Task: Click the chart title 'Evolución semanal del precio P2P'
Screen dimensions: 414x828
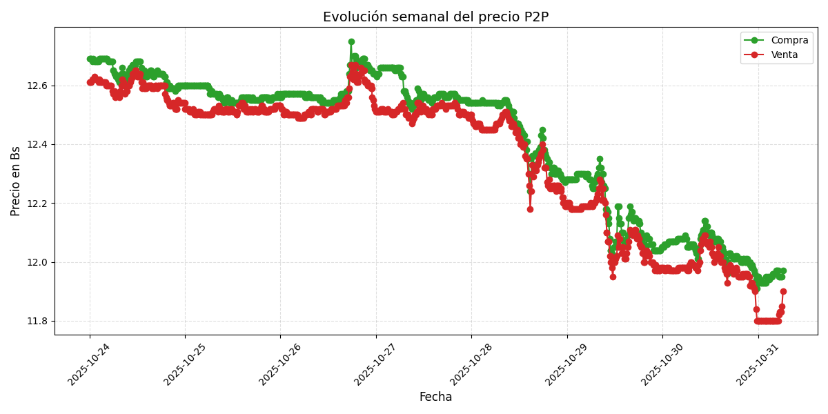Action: coord(435,17)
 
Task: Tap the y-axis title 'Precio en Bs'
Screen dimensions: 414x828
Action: coord(16,181)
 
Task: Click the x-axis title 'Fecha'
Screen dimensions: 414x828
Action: coord(435,397)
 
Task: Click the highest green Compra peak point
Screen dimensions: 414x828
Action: coord(351,41)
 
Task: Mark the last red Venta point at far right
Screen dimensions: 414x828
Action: coord(783,291)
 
